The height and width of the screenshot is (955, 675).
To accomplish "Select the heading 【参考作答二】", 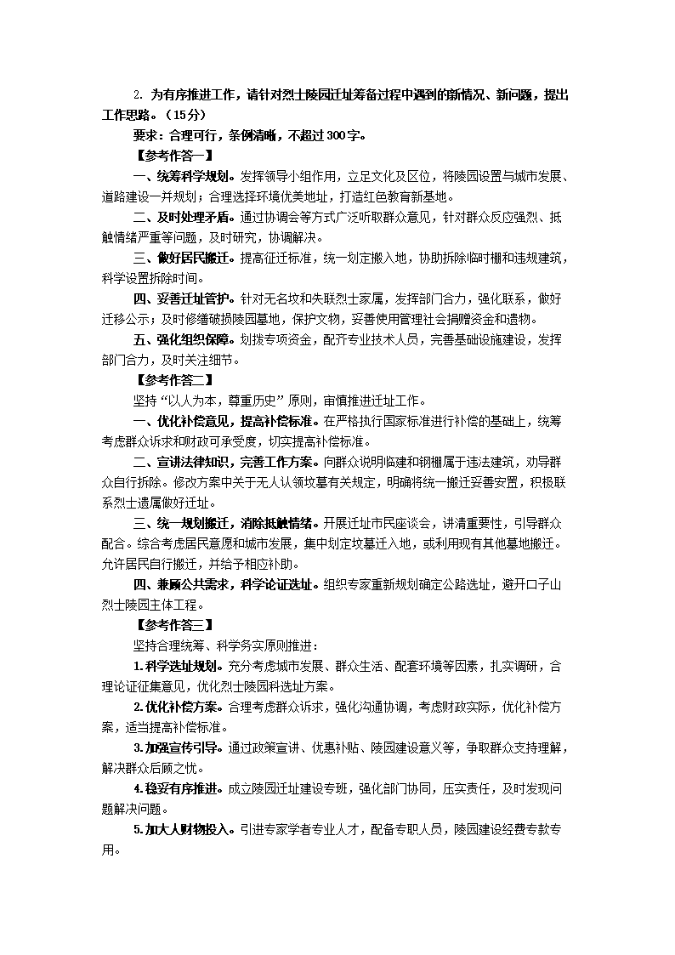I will pos(168,380).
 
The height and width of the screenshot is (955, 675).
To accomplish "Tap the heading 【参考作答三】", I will pos(168,625).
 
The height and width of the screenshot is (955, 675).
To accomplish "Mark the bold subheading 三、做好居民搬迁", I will pos(180,258).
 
